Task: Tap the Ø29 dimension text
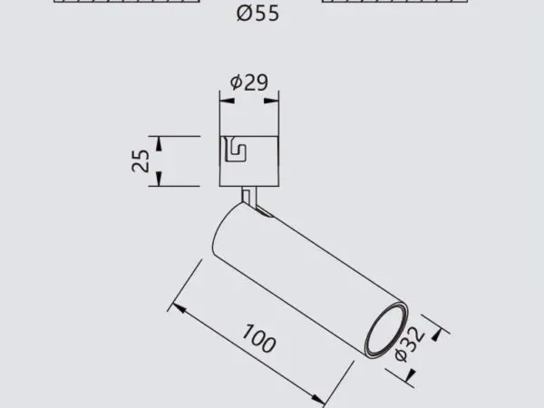[x=248, y=83]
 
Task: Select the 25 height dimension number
[x=141, y=161]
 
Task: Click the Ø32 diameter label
[x=409, y=342]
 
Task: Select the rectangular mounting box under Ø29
[x=249, y=161]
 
